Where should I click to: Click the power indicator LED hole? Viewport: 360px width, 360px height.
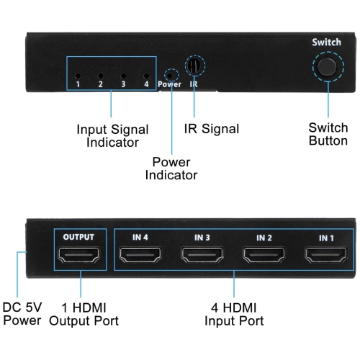171,73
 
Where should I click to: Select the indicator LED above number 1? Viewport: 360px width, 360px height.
78,75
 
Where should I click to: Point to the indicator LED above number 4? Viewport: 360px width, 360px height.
146,75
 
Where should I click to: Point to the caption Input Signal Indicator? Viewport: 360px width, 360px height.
112,136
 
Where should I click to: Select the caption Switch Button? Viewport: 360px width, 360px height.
328,135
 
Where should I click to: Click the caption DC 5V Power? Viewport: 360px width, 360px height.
22,313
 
